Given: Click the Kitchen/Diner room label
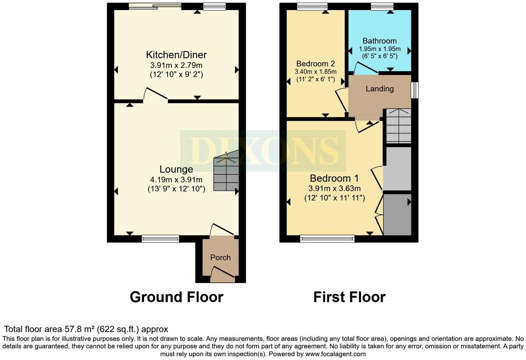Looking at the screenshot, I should tap(176, 55).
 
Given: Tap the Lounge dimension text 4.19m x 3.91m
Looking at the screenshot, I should tap(176, 180).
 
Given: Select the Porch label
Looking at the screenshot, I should tap(220, 258).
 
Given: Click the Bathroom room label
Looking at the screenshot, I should tap(380, 41).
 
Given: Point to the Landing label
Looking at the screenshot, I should tap(380, 89).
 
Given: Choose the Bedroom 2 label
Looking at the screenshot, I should tap(315, 64).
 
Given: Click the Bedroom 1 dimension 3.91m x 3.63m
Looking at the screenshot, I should tap(334, 189).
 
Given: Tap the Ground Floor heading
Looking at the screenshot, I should tap(176, 297).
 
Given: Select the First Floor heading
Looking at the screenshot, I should tap(349, 297).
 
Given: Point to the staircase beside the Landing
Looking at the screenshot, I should tap(399, 126).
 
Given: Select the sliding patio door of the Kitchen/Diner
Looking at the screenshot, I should tap(155, 6).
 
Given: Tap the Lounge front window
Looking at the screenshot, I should tap(160, 238).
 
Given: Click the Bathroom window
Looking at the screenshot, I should tap(382, 6).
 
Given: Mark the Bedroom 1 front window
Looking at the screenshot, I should tap(327, 238).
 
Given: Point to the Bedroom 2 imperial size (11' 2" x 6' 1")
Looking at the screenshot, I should tap(315, 79).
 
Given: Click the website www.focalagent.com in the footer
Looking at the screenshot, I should tap(335, 354).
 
